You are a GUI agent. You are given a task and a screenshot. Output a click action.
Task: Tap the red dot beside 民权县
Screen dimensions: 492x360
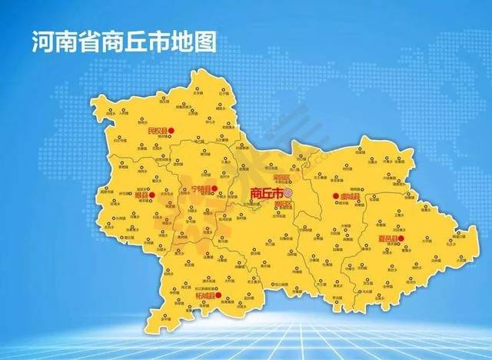point(172,131)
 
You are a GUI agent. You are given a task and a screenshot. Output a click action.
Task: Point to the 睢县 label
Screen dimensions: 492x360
point(140,195)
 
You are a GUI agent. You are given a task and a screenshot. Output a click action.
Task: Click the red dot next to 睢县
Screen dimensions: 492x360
point(152,195)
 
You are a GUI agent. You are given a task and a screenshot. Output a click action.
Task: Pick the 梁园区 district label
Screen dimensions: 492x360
point(283,177)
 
